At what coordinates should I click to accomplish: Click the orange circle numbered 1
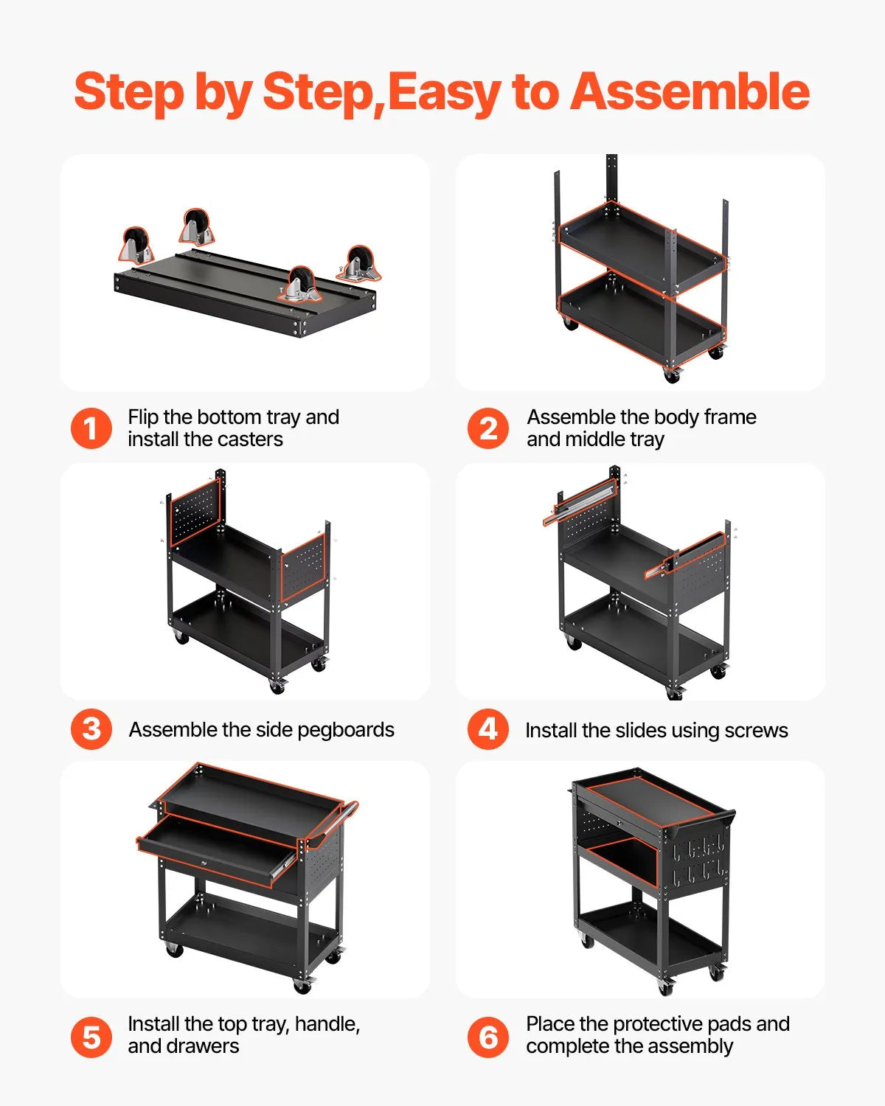(91, 428)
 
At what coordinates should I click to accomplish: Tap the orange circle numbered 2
(488, 428)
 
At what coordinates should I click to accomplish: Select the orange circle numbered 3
(91, 729)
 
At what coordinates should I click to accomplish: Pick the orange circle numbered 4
(488, 729)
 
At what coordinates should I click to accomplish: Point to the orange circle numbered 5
(91, 1037)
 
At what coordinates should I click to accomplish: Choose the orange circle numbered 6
(488, 1037)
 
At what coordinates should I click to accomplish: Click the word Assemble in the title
(690, 91)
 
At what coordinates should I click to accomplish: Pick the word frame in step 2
(729, 417)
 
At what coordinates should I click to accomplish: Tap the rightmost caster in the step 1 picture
(359, 263)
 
